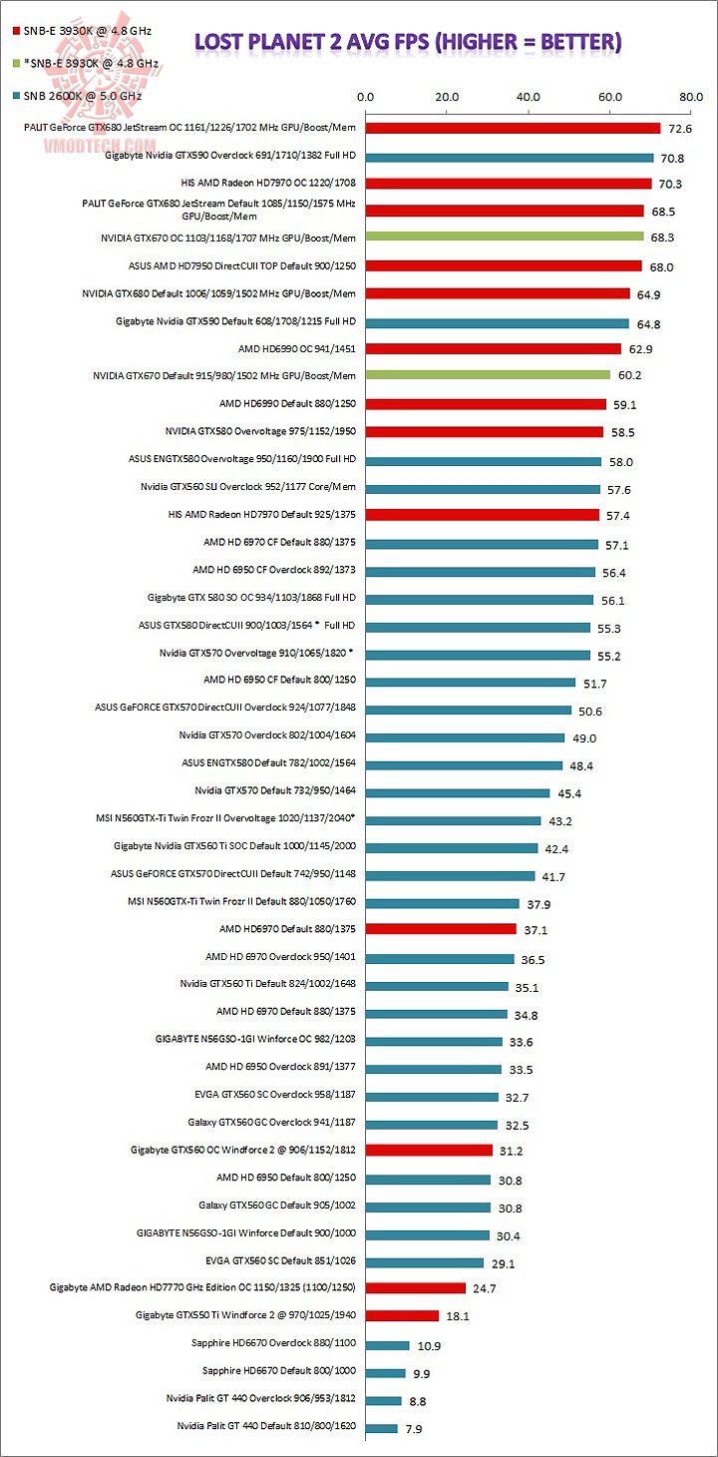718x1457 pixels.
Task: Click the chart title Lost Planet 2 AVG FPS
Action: (x=408, y=41)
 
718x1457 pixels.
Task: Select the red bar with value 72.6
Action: (x=513, y=128)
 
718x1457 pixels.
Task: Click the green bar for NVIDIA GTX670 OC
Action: (x=505, y=238)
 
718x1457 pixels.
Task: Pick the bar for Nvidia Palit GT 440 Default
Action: (x=382, y=1428)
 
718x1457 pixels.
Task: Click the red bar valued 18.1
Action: (x=402, y=1315)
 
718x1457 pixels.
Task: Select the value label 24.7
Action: (x=485, y=1288)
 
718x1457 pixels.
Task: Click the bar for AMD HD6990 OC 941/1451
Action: (x=494, y=348)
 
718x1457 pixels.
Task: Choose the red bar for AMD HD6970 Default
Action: (x=441, y=929)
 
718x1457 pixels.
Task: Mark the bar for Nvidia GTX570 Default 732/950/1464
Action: (x=458, y=793)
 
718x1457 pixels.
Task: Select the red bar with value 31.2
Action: (x=429, y=1150)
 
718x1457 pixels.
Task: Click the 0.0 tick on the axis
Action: (x=365, y=98)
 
